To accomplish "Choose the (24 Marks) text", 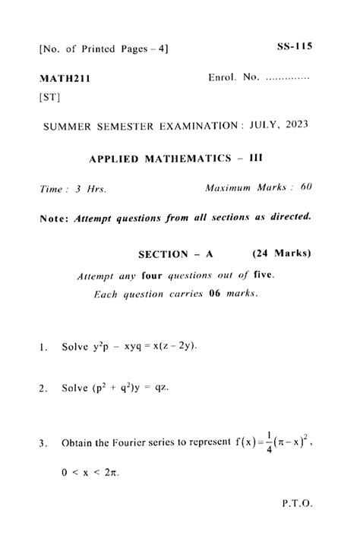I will coord(282,253).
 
